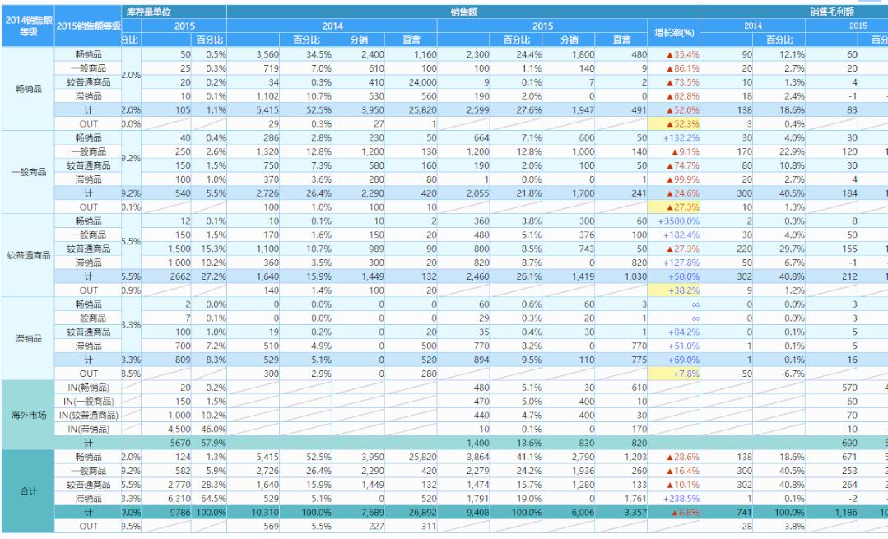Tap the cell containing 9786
coord(177,514)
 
